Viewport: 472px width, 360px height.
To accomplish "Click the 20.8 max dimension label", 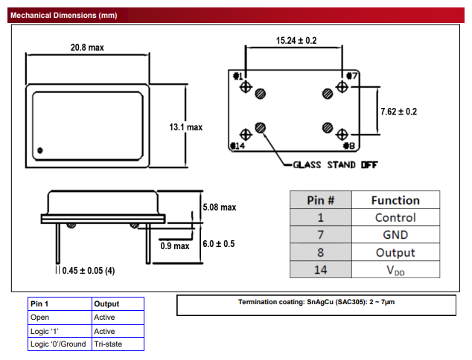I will (87, 47).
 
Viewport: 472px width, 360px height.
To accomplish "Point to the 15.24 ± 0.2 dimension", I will (296, 40).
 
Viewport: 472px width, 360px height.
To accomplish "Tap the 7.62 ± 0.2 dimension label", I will (398, 112).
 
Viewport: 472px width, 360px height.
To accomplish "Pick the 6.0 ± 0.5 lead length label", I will (219, 243).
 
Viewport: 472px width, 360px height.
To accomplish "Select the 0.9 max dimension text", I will (176, 246).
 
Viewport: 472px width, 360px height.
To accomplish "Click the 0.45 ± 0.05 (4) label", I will (89, 271).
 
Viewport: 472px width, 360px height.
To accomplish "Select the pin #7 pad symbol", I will (342, 87).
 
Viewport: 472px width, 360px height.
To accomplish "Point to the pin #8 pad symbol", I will (342, 134).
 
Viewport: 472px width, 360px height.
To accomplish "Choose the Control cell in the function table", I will (395, 218).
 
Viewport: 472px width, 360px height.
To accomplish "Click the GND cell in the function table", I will (395, 235).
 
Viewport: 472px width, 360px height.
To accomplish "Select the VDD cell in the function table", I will (395, 270).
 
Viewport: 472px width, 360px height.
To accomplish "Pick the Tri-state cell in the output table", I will (109, 344).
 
